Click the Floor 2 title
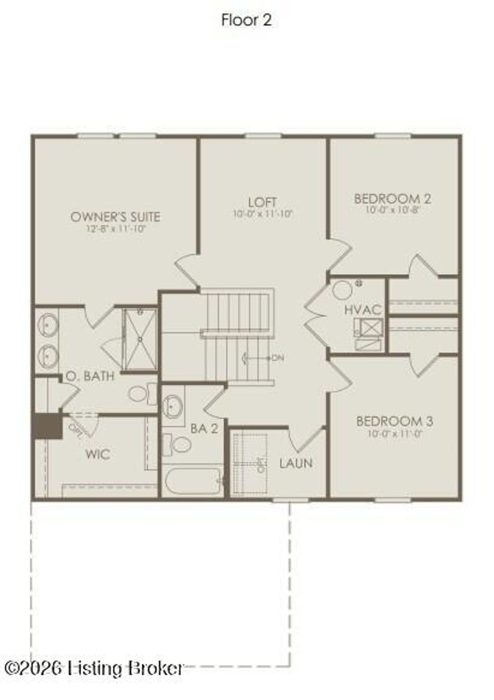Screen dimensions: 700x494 (x=247, y=20)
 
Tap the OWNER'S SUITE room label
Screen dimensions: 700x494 (x=115, y=217)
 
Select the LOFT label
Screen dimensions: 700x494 (x=262, y=202)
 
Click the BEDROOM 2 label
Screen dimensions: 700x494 (x=392, y=198)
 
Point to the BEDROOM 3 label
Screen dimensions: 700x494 (x=394, y=421)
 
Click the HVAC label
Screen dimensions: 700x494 (x=363, y=310)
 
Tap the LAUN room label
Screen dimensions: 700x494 (x=296, y=463)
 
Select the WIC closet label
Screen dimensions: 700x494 (x=97, y=454)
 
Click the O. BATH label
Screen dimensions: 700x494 (x=90, y=376)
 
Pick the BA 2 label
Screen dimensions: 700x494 (x=204, y=428)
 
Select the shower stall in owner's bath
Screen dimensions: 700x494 (x=140, y=340)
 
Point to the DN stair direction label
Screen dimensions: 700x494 (x=277, y=358)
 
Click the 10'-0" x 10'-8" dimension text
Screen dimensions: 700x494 (x=392, y=210)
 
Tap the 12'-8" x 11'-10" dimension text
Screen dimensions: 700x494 (x=115, y=228)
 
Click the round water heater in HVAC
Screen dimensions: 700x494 (x=343, y=291)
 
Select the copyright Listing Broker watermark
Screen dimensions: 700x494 (x=94, y=668)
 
